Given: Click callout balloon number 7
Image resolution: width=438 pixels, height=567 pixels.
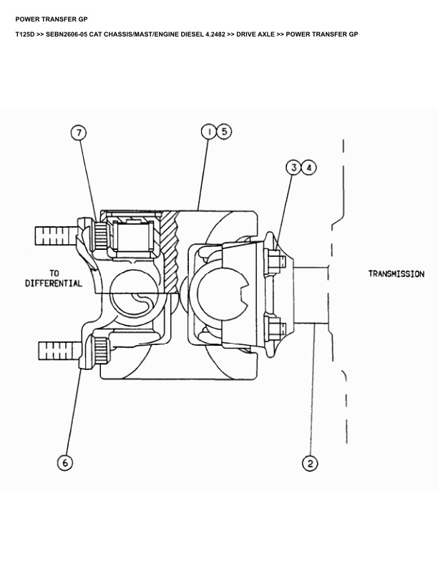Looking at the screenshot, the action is (79, 132).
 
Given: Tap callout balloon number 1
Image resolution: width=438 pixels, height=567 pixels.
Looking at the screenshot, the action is (208, 132).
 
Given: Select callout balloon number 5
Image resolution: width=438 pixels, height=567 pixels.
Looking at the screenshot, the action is (224, 132).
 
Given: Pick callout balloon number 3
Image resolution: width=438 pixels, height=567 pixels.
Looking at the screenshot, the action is (294, 168).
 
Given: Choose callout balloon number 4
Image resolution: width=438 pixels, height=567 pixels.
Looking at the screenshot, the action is (308, 168).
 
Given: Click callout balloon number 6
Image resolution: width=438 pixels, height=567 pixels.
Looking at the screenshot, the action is (65, 463).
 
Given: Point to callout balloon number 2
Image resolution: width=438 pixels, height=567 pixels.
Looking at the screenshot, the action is (310, 463).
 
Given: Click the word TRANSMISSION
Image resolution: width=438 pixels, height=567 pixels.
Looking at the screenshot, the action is (396, 274).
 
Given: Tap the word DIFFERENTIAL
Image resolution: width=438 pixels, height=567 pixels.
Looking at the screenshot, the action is (54, 283).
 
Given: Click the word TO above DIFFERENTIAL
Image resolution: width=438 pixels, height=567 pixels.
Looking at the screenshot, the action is (54, 273).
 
